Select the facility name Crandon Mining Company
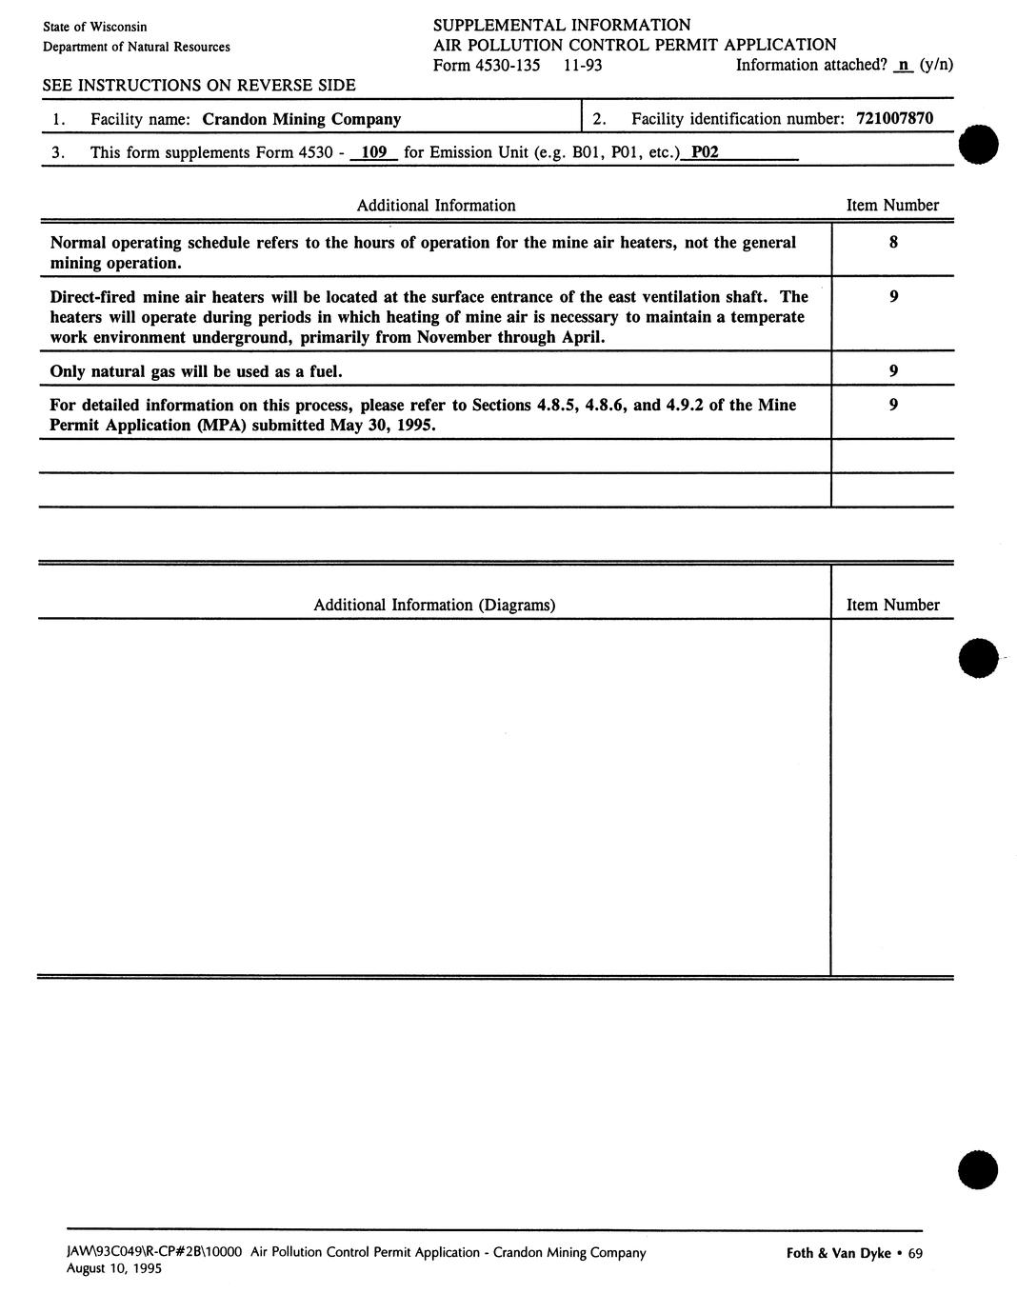(x=301, y=120)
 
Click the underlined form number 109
(x=374, y=152)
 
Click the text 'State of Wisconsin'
(x=95, y=27)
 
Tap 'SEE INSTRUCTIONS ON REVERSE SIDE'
(x=199, y=86)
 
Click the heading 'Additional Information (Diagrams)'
(x=434, y=606)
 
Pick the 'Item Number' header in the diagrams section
(x=892, y=606)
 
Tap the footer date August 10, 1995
(x=113, y=1269)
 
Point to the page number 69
(x=915, y=1253)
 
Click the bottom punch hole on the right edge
(x=979, y=1169)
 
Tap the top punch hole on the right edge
(x=979, y=146)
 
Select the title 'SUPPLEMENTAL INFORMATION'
(x=562, y=25)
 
